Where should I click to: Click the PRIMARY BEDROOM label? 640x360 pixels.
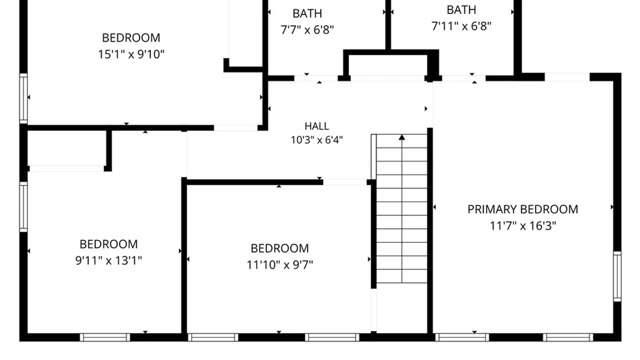[523, 209]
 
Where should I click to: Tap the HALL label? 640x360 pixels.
[317, 126]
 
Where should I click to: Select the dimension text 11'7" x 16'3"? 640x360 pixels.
[523, 226]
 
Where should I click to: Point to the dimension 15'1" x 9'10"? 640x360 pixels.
[131, 54]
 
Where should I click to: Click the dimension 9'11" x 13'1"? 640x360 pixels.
[109, 260]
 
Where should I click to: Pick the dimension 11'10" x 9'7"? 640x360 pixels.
[280, 265]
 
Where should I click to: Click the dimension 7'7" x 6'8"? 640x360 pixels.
[307, 30]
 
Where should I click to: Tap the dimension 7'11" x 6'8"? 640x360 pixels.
[461, 26]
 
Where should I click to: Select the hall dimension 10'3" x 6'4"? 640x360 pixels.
[317, 140]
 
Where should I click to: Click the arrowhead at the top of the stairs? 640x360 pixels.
[402, 137]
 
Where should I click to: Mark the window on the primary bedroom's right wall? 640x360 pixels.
[617, 277]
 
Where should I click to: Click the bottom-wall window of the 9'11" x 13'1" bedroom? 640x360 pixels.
[105, 337]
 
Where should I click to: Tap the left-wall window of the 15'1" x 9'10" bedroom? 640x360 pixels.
[23, 99]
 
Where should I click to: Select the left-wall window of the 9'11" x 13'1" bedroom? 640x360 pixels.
[23, 207]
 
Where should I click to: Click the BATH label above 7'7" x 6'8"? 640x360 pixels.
[307, 14]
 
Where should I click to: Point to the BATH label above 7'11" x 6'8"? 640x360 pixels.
[461, 10]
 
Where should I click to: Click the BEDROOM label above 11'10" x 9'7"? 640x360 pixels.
[280, 248]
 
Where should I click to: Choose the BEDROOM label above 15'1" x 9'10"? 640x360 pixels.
[131, 38]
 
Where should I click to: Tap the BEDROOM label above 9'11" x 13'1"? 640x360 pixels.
[109, 244]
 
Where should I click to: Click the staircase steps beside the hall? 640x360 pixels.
[402, 209]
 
